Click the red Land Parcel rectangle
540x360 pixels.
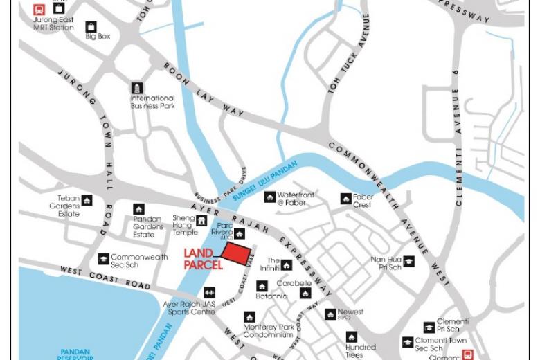(237, 255)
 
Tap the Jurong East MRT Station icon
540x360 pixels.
(39, 10)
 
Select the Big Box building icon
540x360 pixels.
(91, 27)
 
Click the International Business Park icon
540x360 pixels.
(137, 88)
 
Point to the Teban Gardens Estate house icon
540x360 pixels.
(87, 200)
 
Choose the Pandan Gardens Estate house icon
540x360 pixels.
(138, 209)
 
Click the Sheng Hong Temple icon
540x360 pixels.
(201, 221)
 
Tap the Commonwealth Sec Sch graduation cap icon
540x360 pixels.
(103, 259)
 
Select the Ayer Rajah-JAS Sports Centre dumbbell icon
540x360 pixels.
(208, 292)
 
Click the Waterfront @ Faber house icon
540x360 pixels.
(269, 197)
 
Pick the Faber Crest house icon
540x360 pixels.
(345, 199)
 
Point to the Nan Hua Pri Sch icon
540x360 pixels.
(409, 261)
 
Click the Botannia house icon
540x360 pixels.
(262, 286)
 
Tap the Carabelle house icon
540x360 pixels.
(305, 294)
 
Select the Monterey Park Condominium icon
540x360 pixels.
(249, 317)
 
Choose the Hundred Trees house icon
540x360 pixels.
(352, 337)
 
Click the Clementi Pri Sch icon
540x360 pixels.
(429, 327)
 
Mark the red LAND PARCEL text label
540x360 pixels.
(203, 259)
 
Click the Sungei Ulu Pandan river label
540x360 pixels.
(264, 181)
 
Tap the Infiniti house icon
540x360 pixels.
(286, 265)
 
